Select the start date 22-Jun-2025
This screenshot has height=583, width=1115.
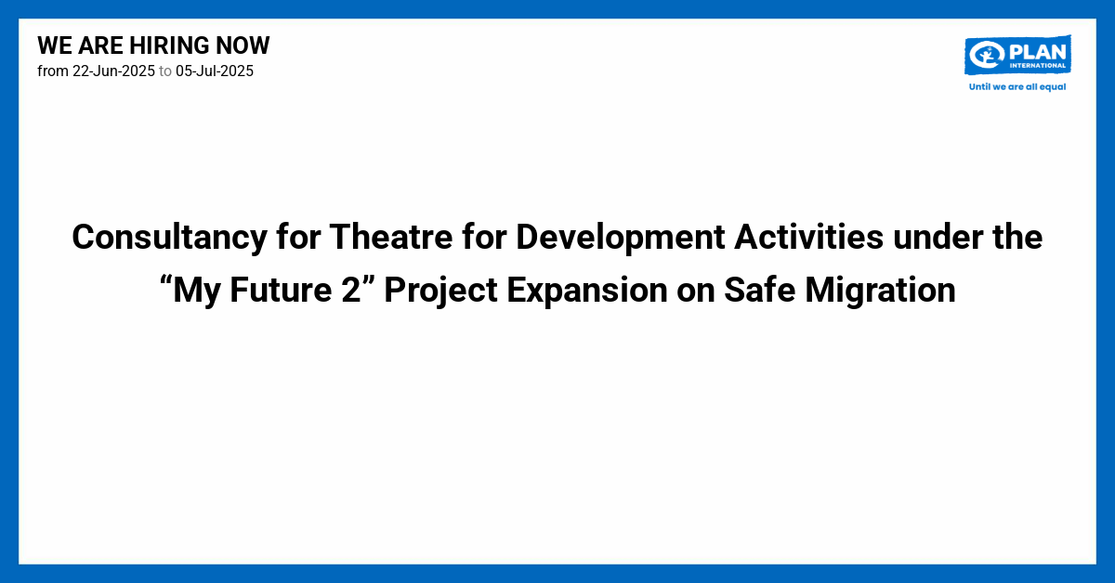pos(113,71)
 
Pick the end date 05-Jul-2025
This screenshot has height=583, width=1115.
pos(215,71)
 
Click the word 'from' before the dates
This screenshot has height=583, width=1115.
pos(53,71)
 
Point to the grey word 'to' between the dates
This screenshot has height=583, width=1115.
pos(165,71)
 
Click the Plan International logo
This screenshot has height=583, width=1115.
pos(1017,56)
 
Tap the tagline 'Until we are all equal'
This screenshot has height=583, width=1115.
pos(1017,86)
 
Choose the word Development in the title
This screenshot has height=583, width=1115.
pos(621,239)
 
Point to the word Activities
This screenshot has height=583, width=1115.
pos(807,239)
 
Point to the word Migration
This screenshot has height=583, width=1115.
pos(880,291)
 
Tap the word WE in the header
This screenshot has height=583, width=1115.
pos(52,45)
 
